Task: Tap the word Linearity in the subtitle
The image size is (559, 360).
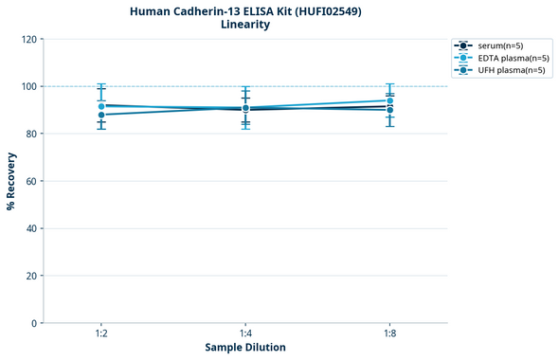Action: pyautogui.click(x=244, y=25)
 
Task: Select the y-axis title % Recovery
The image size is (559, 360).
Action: pyautogui.click(x=11, y=180)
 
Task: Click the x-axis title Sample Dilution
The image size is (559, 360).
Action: pyautogui.click(x=244, y=348)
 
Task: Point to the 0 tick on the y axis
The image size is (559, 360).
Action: pyautogui.click(x=34, y=323)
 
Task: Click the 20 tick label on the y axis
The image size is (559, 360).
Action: pyautogui.click(x=31, y=276)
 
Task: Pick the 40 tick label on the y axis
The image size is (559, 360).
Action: pyautogui.click(x=31, y=228)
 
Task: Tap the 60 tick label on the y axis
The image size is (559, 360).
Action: pyautogui.click(x=31, y=181)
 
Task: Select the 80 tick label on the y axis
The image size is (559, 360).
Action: pyautogui.click(x=31, y=134)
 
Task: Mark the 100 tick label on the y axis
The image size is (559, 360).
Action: pyautogui.click(x=28, y=86)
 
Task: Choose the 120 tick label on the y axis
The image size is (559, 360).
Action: pyautogui.click(x=28, y=39)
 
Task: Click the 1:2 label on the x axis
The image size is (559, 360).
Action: pyautogui.click(x=101, y=334)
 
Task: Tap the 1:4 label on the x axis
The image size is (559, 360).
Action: pyautogui.click(x=245, y=334)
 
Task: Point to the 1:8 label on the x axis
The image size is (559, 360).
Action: pyautogui.click(x=389, y=334)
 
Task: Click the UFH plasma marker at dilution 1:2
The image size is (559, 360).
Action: pyautogui.click(x=101, y=115)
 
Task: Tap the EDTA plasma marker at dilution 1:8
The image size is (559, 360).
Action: pyautogui.click(x=389, y=100)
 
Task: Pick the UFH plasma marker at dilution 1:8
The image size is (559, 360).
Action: pyautogui.click(x=389, y=110)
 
